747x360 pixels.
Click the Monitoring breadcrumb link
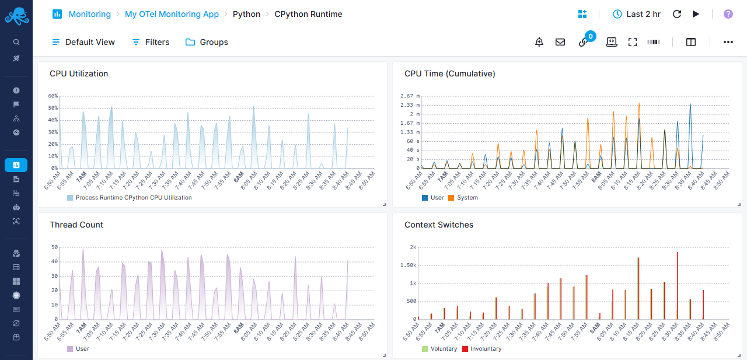[89, 14]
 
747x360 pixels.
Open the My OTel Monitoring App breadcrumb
[172, 14]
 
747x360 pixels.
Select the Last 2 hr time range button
[637, 14]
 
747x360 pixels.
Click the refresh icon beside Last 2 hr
[677, 14]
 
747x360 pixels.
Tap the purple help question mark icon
[728, 14]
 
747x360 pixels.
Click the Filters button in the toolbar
[151, 42]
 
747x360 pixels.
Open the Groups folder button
[207, 42]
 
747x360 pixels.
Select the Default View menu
[83, 42]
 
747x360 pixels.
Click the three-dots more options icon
[728, 42]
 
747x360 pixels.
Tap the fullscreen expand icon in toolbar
[633, 42]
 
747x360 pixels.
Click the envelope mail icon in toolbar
[560, 42]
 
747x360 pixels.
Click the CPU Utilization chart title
[79, 74]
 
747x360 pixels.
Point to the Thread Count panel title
[76, 225]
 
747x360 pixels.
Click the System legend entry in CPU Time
[467, 198]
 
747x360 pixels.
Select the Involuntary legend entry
[485, 349]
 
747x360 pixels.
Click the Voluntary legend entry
[443, 349]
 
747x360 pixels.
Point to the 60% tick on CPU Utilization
[53, 96]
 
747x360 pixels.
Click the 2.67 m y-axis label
[406, 96]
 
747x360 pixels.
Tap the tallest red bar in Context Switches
[677, 286]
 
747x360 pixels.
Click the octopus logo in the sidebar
[16, 16]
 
